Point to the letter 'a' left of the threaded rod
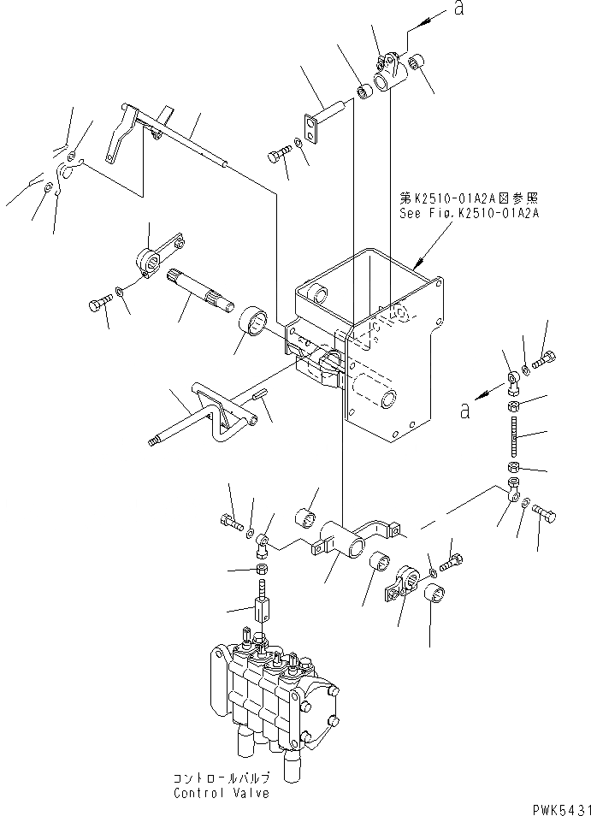465,411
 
